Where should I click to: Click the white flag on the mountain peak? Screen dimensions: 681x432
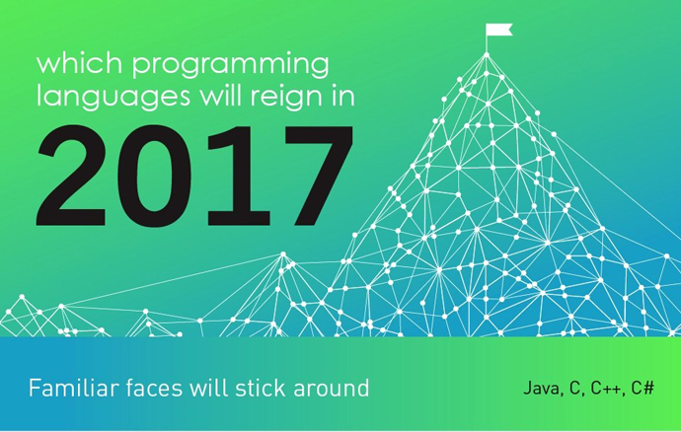pyautogui.click(x=498, y=30)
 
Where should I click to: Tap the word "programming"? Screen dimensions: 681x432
pyautogui.click(x=231, y=66)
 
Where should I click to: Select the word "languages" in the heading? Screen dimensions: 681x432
pyautogui.click(x=113, y=97)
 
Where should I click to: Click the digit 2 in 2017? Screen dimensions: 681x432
pyautogui.click(x=72, y=176)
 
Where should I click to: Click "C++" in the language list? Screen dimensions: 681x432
pyautogui.click(x=608, y=388)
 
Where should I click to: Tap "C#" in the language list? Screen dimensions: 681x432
pyautogui.click(x=643, y=388)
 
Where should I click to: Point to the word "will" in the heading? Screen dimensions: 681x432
pyautogui.click(x=220, y=96)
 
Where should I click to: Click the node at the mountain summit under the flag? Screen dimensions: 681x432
pyautogui.click(x=487, y=54)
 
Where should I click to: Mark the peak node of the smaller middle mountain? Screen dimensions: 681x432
pyautogui.click(x=283, y=254)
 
